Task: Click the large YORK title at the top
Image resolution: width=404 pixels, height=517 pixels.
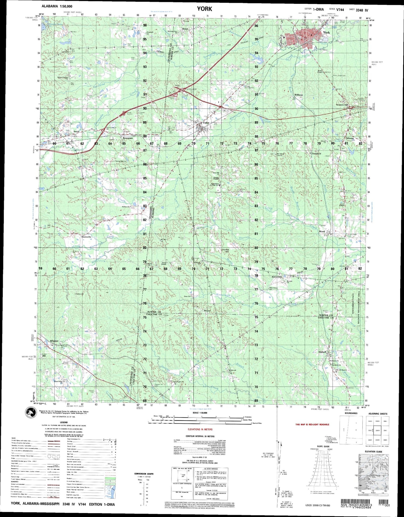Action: point(204,9)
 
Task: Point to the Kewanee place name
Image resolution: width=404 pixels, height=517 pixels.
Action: point(128,138)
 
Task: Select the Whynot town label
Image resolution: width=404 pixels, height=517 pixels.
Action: point(54,341)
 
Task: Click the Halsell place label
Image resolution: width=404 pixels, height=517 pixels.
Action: point(322,352)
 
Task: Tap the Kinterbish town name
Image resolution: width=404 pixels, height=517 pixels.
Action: point(277,277)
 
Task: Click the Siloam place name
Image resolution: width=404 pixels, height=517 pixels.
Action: point(350,138)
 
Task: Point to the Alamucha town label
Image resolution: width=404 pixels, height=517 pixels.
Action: point(86,237)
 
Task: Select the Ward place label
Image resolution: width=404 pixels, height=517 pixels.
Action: point(322,231)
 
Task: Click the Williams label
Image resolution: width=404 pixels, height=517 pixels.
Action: point(299,95)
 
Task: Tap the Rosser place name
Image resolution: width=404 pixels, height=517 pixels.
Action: point(207,311)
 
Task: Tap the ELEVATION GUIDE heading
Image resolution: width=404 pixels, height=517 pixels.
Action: point(374,452)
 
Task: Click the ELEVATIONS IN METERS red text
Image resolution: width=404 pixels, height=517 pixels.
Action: point(200,430)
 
